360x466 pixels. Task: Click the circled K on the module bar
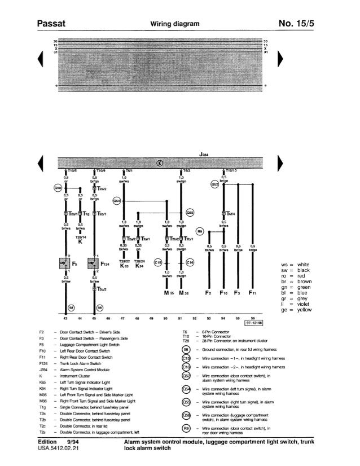[160, 164]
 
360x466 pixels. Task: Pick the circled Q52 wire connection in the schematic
[214, 183]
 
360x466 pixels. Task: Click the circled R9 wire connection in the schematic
[199, 231]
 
